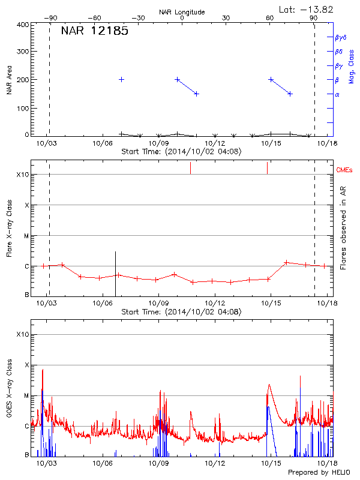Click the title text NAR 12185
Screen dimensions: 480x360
94,31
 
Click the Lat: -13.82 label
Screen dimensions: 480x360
307,9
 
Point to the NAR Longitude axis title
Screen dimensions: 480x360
182,12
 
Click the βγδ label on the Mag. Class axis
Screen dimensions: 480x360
341,37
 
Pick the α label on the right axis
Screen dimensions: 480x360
337,94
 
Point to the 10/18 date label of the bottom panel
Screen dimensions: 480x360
326,464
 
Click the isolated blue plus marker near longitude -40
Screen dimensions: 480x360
121,79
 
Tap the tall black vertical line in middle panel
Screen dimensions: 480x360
115,273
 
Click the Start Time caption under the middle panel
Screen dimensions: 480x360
181,312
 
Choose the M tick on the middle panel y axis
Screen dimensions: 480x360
26,236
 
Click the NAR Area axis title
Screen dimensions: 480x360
9,81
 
